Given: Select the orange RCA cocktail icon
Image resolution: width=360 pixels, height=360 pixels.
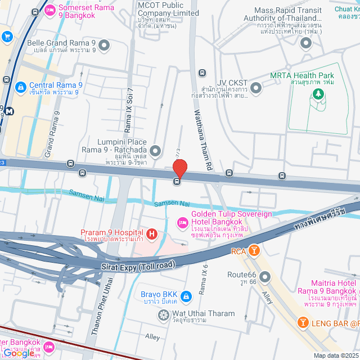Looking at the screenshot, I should (x=254, y=250).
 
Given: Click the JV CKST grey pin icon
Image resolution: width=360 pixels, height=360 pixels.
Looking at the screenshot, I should (x=256, y=87).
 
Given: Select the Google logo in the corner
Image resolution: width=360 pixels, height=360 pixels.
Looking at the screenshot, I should (x=18, y=353).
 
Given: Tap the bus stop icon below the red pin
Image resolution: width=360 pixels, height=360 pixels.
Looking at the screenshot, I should (x=177, y=181).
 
